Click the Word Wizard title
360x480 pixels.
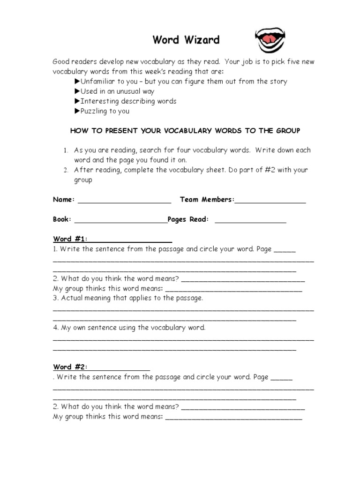[x=186, y=40]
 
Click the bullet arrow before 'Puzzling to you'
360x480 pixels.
[x=77, y=111]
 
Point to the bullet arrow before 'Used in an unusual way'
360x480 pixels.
[x=77, y=91]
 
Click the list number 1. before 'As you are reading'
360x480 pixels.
[x=66, y=150]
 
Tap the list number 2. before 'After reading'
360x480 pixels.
[x=66, y=170]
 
